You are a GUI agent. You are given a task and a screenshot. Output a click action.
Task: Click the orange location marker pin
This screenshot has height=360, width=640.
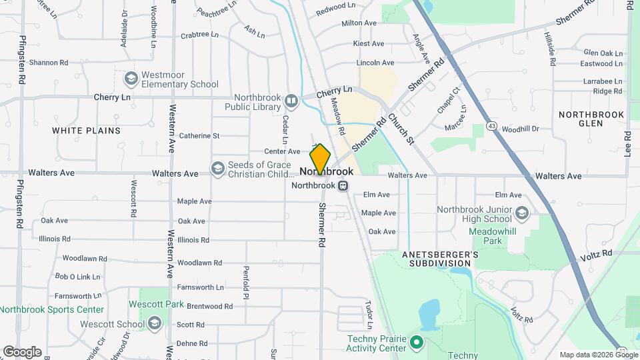pyautogui.click(x=321, y=159)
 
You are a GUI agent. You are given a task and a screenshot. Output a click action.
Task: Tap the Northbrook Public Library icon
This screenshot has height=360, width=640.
pyautogui.click(x=291, y=101)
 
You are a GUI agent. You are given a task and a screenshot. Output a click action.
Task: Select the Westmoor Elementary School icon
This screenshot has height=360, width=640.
pyautogui.click(x=131, y=79)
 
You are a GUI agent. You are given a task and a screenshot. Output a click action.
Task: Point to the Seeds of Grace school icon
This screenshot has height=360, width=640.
pyautogui.click(x=217, y=168)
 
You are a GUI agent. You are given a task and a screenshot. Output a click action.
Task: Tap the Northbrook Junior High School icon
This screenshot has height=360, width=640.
pyautogui.click(x=521, y=213)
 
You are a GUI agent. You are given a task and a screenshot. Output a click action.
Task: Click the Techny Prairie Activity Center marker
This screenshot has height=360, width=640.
pyautogui.click(x=417, y=343)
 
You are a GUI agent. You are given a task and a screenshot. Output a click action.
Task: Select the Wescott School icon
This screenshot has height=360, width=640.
pyautogui.click(x=155, y=324)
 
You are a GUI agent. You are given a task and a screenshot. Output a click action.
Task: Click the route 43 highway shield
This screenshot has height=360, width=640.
pyautogui.click(x=491, y=125)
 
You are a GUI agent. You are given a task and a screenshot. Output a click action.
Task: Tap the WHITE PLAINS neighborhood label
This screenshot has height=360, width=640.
pyautogui.click(x=86, y=131)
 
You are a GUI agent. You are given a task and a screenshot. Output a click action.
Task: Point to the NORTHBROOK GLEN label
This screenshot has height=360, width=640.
pyautogui.click(x=591, y=119)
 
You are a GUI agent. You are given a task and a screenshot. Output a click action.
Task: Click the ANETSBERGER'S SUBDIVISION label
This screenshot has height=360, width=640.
pyautogui.click(x=441, y=259)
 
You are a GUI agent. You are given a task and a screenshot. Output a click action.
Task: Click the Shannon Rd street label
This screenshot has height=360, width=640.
pyautogui.click(x=49, y=63)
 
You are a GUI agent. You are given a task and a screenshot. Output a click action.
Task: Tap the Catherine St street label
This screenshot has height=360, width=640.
pyautogui.click(x=199, y=135)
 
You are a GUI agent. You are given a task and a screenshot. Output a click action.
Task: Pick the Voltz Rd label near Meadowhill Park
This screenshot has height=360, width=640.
pyautogui.click(x=597, y=253)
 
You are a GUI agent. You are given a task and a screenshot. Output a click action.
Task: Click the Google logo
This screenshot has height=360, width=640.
pyautogui.click(x=22, y=351)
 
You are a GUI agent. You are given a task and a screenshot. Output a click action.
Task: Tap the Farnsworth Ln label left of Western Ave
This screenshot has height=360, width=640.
pyautogui.click(x=77, y=295)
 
